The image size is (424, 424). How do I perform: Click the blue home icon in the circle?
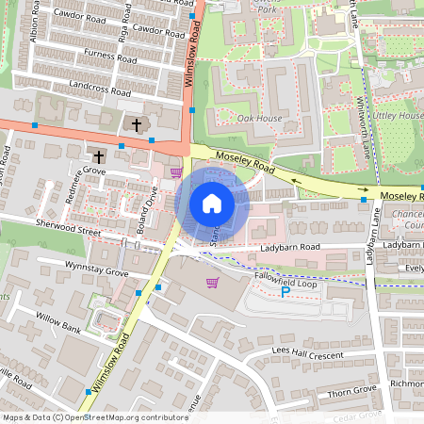pyautogui.click(x=212, y=204)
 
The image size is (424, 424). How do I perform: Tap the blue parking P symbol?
pyautogui.click(x=286, y=292)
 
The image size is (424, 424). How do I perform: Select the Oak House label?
pyautogui.click(x=259, y=118)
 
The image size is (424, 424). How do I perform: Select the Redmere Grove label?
pyautogui.click(x=81, y=171)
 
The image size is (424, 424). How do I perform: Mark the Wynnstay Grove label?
pyautogui.click(x=96, y=271)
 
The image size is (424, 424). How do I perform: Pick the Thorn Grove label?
pyautogui.click(x=353, y=388)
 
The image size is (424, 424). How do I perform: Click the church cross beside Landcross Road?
pyautogui.click(x=136, y=124)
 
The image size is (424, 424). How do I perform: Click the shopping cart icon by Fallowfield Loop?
pyautogui.click(x=212, y=283)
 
